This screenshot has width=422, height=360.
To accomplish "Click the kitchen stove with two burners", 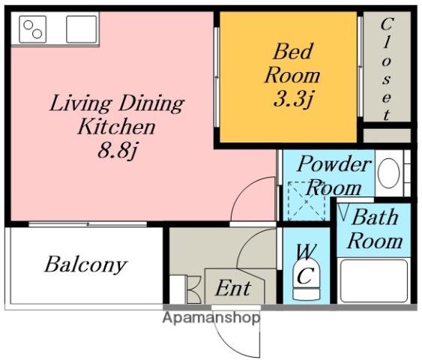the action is click(32, 29).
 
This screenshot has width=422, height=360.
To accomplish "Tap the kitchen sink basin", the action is click(81, 29).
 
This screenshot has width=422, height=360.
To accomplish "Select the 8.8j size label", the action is click(118, 150).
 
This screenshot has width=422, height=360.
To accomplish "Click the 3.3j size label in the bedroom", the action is click(294, 98).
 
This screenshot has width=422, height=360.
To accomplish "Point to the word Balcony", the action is click(85, 265).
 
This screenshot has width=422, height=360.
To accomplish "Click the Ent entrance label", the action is click(233, 288).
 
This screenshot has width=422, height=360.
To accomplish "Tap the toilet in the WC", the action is click(307, 280).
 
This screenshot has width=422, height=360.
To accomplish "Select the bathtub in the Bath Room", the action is click(374, 280).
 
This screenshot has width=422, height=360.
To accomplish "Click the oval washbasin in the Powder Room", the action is click(388, 173).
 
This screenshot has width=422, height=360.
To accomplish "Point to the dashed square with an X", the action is click(307, 202).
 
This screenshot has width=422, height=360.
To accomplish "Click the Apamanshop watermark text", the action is click(211, 318).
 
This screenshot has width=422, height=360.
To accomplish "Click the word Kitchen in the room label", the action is click(116, 127).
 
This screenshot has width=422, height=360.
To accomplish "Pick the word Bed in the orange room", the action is click(292, 52).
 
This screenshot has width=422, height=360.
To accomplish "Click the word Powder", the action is click(334, 164).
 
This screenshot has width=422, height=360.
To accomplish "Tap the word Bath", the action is click(376, 217).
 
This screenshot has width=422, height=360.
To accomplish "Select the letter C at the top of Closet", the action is click(387, 24).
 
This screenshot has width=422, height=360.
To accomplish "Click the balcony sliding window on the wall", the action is click(88, 224).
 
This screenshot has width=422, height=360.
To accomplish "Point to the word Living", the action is click(81, 103).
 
